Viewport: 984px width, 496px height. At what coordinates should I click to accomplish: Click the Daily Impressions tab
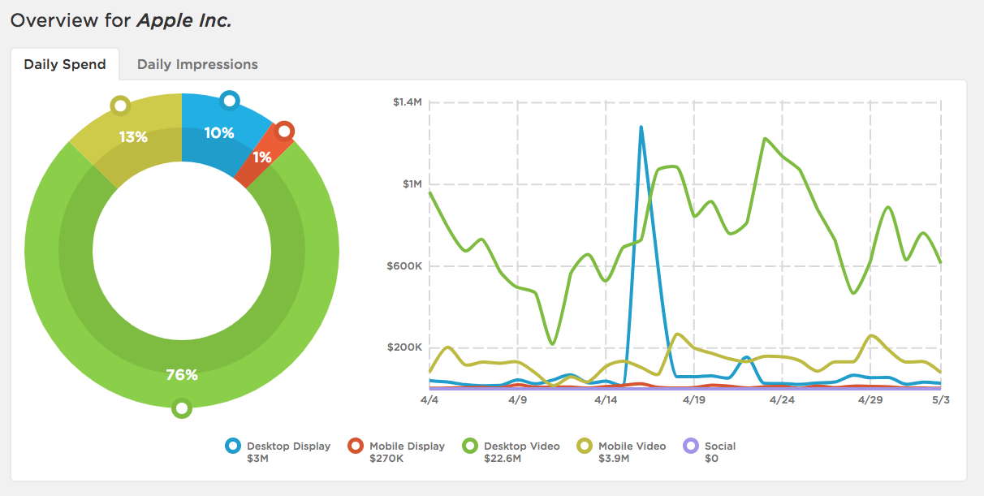(197, 64)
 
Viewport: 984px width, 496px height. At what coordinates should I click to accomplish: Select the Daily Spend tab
(65, 64)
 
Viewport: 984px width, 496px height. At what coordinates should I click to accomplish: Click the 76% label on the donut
(182, 375)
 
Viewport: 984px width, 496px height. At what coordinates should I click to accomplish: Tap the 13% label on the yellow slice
(133, 137)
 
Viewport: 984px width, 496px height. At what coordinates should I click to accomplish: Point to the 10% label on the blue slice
(218, 133)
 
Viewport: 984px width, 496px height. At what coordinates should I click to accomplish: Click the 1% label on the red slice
(262, 157)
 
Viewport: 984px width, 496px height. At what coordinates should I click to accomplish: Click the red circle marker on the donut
(284, 131)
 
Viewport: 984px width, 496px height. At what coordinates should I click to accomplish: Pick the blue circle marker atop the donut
(230, 101)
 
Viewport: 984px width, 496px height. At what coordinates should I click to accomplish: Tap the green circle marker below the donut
(182, 408)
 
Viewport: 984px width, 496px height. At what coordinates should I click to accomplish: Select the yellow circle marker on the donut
(120, 106)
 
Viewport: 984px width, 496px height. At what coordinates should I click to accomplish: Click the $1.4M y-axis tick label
(407, 102)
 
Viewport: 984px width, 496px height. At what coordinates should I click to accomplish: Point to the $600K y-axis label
(406, 266)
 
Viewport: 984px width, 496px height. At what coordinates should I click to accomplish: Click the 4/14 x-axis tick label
(606, 400)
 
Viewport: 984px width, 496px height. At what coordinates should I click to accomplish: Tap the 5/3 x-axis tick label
(940, 400)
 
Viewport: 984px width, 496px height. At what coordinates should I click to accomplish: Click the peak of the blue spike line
(641, 127)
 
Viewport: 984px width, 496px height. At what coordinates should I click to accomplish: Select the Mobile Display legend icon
(355, 446)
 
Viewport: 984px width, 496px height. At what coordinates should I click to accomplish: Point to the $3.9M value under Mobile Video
(613, 459)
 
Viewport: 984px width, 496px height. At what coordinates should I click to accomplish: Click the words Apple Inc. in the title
(184, 21)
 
